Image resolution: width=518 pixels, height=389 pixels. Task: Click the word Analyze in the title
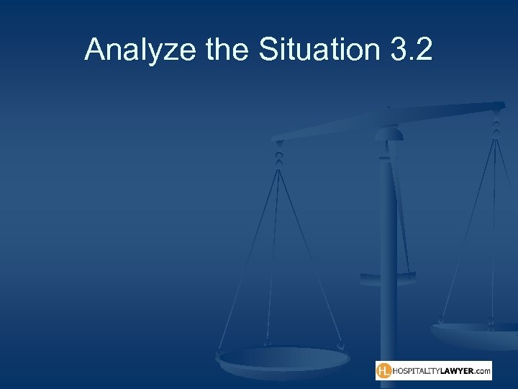[131, 50]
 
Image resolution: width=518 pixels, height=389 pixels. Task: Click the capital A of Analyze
[94, 50]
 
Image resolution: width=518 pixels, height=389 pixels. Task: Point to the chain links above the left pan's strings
[278, 152]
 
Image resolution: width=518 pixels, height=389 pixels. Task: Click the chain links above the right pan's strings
[496, 125]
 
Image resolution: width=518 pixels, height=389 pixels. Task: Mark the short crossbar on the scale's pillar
[388, 275]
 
